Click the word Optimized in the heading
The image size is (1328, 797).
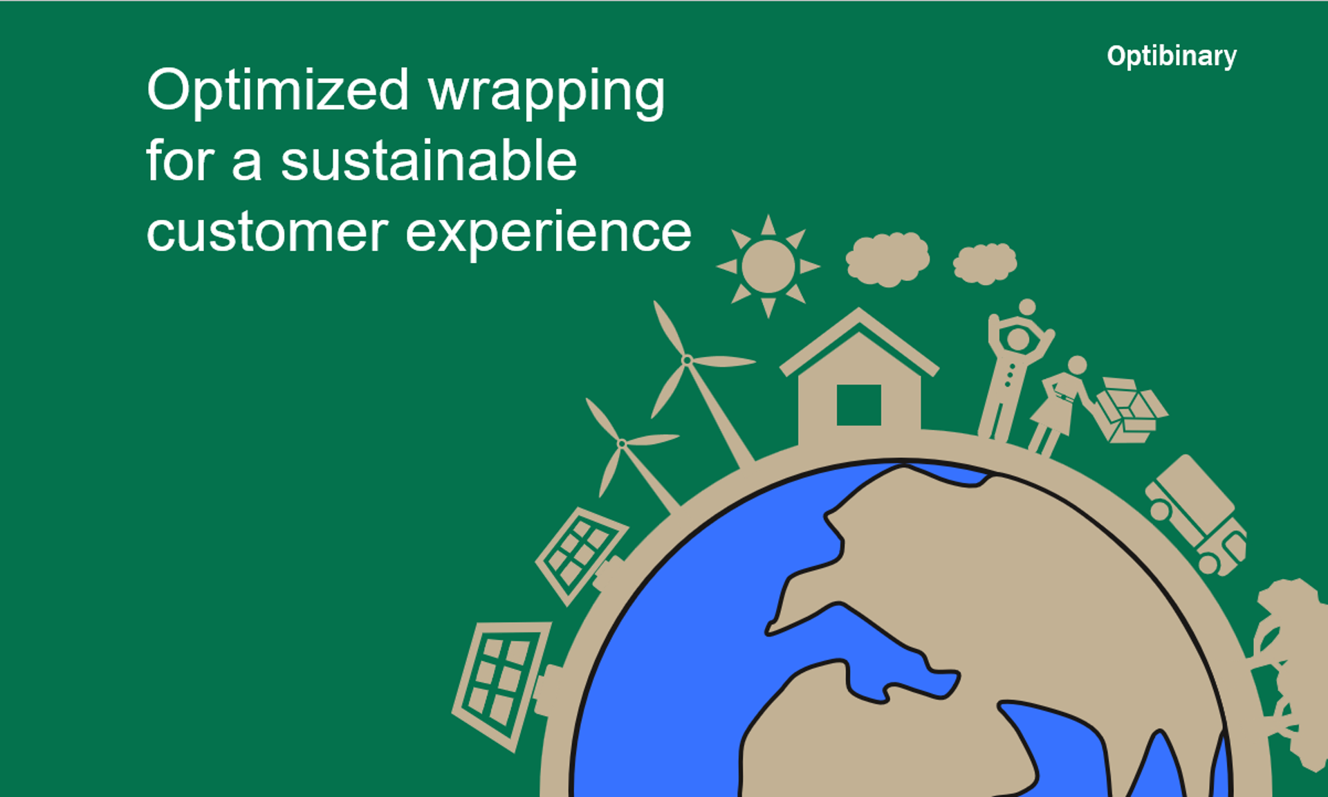click(x=278, y=91)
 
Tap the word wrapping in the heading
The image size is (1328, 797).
click(x=546, y=93)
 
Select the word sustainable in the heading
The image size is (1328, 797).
click(x=429, y=161)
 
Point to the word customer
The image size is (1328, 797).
click(x=267, y=233)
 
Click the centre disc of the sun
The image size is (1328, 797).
click(x=768, y=266)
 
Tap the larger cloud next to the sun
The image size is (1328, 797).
click(x=888, y=259)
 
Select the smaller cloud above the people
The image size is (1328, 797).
click(x=985, y=263)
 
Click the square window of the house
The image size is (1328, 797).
click(x=858, y=405)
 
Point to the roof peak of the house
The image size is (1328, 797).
click(x=859, y=309)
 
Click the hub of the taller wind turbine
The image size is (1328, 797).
click(x=687, y=360)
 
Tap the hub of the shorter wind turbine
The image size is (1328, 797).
click(x=622, y=443)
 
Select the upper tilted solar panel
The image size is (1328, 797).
click(x=581, y=555)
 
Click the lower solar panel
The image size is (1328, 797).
click(x=502, y=685)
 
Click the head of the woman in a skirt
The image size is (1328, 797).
click(x=1077, y=365)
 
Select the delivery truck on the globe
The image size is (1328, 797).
click(x=1196, y=515)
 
